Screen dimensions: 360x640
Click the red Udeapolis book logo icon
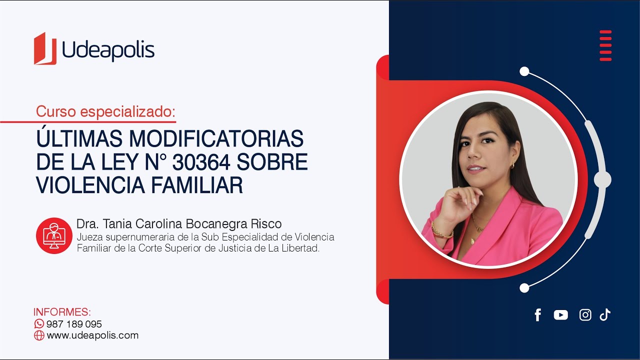click(45, 49)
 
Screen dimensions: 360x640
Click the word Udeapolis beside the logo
click(108, 50)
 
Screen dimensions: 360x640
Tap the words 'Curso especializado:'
click(105, 111)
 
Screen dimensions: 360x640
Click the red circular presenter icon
click(54, 235)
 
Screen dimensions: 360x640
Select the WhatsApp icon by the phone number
click(39, 323)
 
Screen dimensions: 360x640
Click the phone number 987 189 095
click(74, 324)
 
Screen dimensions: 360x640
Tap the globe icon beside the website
click(39, 335)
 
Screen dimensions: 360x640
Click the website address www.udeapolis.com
click(92, 335)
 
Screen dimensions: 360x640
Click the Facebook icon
click(538, 315)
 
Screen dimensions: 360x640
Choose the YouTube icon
click(561, 315)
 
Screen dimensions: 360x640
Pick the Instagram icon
click(585, 315)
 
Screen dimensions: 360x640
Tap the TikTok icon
click(605, 314)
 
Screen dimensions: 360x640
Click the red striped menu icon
click(605, 45)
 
